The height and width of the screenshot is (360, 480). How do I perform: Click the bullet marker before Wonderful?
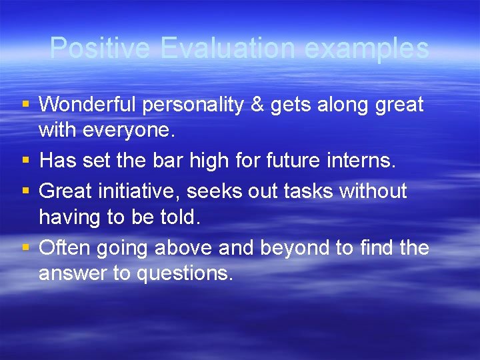coord(25,105)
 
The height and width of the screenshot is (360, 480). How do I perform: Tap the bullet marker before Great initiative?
coord(25,191)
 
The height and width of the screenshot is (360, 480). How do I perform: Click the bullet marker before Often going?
coord(25,248)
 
